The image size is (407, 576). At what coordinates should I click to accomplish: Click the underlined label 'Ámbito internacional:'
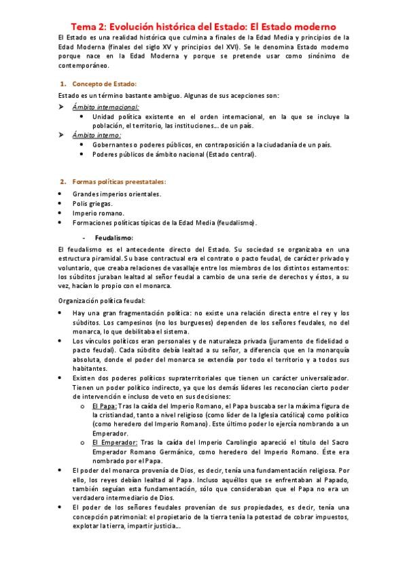[x=106, y=107]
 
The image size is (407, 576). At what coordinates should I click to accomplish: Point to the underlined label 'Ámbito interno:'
[x=96, y=134]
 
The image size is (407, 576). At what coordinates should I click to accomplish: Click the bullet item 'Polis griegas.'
[x=92, y=203]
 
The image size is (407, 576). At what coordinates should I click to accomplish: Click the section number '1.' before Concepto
[x=63, y=84]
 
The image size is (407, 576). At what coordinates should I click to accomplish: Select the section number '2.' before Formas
[x=63, y=182]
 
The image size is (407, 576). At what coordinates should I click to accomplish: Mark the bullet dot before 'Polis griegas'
[x=61, y=203]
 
